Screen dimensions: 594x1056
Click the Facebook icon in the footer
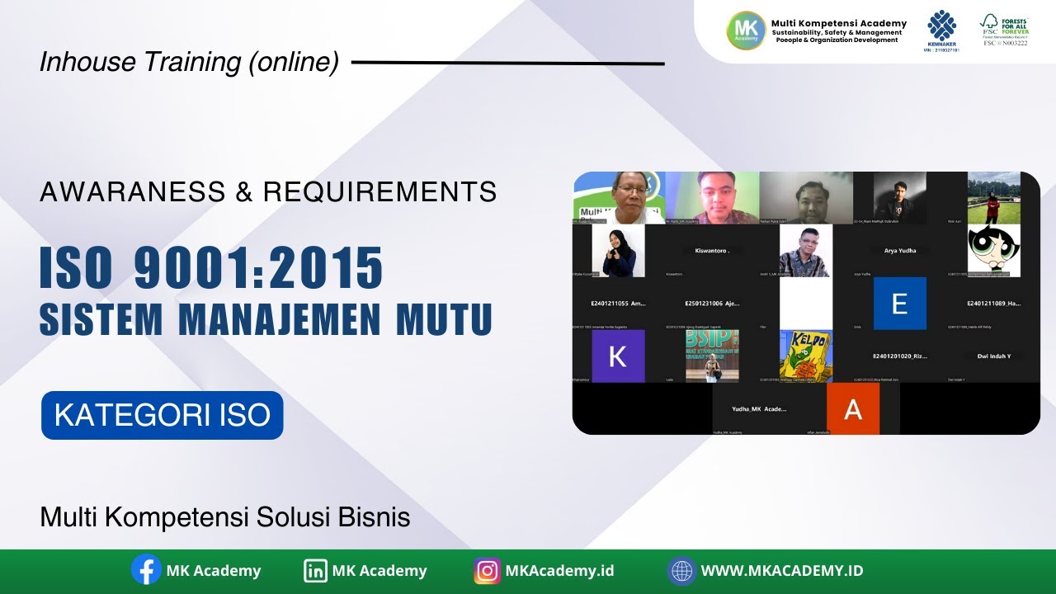coord(146,570)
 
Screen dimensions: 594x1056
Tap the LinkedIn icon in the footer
coord(315,570)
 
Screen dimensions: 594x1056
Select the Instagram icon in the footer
coord(488,570)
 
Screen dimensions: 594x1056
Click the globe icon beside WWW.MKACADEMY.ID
coord(681,570)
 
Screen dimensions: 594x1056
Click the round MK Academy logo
coord(746,31)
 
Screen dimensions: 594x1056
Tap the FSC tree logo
coord(989,24)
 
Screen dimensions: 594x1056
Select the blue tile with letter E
coord(899,304)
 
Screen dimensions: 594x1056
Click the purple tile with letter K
coord(617,356)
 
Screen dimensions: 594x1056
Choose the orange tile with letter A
coord(853,408)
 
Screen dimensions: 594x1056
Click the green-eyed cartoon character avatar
coord(993,251)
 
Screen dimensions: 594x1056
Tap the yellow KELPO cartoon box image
coord(806,356)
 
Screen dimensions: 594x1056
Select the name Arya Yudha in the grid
coord(900,250)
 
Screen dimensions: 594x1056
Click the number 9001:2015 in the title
coord(257,268)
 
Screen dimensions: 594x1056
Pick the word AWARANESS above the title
coord(132,192)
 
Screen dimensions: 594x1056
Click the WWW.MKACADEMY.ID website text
coord(781,570)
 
